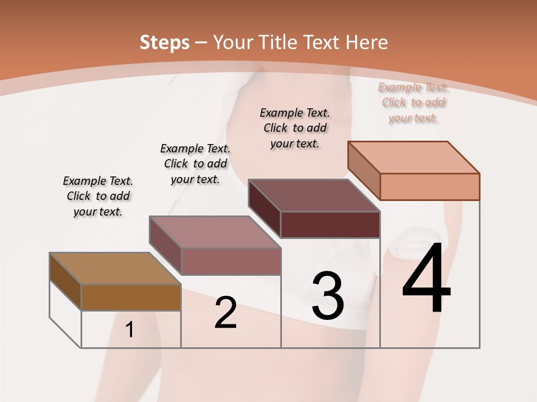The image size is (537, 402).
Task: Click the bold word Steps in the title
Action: coord(164,42)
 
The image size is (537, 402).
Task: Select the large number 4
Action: coord(426,279)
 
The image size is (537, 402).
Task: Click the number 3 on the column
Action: coord(328,296)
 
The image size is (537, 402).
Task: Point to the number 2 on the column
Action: coord(226,313)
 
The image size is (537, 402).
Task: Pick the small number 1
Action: coord(130,330)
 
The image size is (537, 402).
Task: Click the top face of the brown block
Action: coord(115,269)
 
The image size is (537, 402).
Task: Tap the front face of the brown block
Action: coord(131,298)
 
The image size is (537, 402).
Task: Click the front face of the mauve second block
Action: coord(230,261)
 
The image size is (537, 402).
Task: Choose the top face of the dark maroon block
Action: coord(314,195)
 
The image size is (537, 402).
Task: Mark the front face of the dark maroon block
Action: coord(330,224)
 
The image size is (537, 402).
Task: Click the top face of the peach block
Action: coord(413,157)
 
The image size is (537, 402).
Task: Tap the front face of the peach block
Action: coord(430,186)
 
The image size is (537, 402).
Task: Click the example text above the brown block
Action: coord(98,197)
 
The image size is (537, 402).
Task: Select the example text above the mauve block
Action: coord(195,164)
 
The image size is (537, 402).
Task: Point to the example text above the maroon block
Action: coord(295,128)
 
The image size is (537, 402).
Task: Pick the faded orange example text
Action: coord(413,102)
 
